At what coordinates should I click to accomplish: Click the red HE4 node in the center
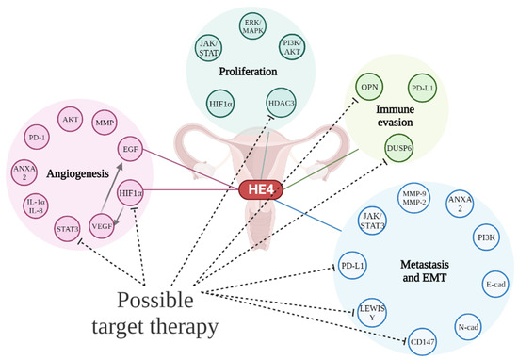click(x=256, y=191)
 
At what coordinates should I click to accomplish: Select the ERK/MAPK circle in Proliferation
click(x=251, y=24)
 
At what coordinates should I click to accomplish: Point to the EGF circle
click(x=131, y=148)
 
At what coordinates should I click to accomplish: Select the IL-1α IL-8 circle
click(x=34, y=204)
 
